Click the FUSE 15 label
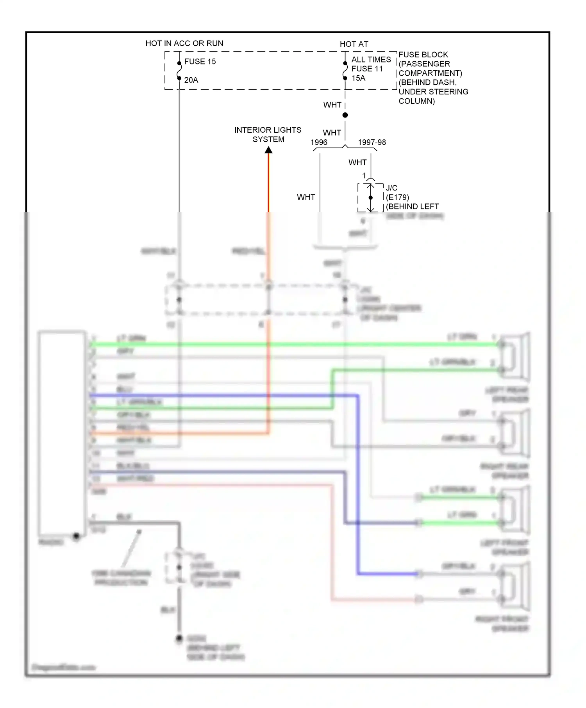point(200,62)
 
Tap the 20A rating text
point(191,80)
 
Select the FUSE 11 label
point(367,69)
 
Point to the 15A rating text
point(358,78)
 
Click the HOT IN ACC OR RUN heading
point(184,43)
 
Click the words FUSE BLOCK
point(423,55)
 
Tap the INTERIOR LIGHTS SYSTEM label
point(268,134)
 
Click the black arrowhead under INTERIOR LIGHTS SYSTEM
point(268,150)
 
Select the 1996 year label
point(319,142)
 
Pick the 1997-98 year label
point(372,142)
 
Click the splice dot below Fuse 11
point(345,115)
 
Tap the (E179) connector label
point(397,197)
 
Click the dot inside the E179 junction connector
point(371,197)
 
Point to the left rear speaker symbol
point(515,356)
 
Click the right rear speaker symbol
point(515,433)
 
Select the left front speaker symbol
point(515,510)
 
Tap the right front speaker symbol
point(515,586)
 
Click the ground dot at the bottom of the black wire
point(179,639)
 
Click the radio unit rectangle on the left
point(62,433)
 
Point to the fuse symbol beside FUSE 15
point(179,71)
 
